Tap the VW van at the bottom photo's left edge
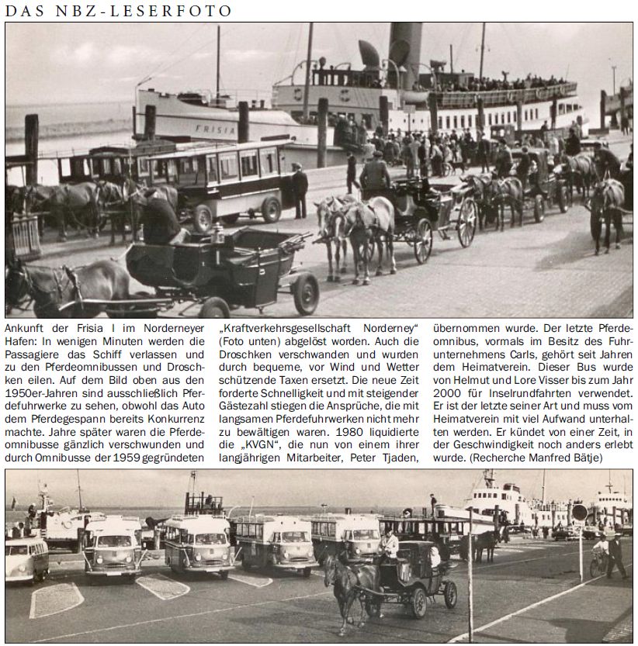(x=26, y=558)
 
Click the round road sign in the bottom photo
(x=579, y=512)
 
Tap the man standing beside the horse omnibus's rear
(x=299, y=190)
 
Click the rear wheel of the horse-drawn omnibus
(x=271, y=209)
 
